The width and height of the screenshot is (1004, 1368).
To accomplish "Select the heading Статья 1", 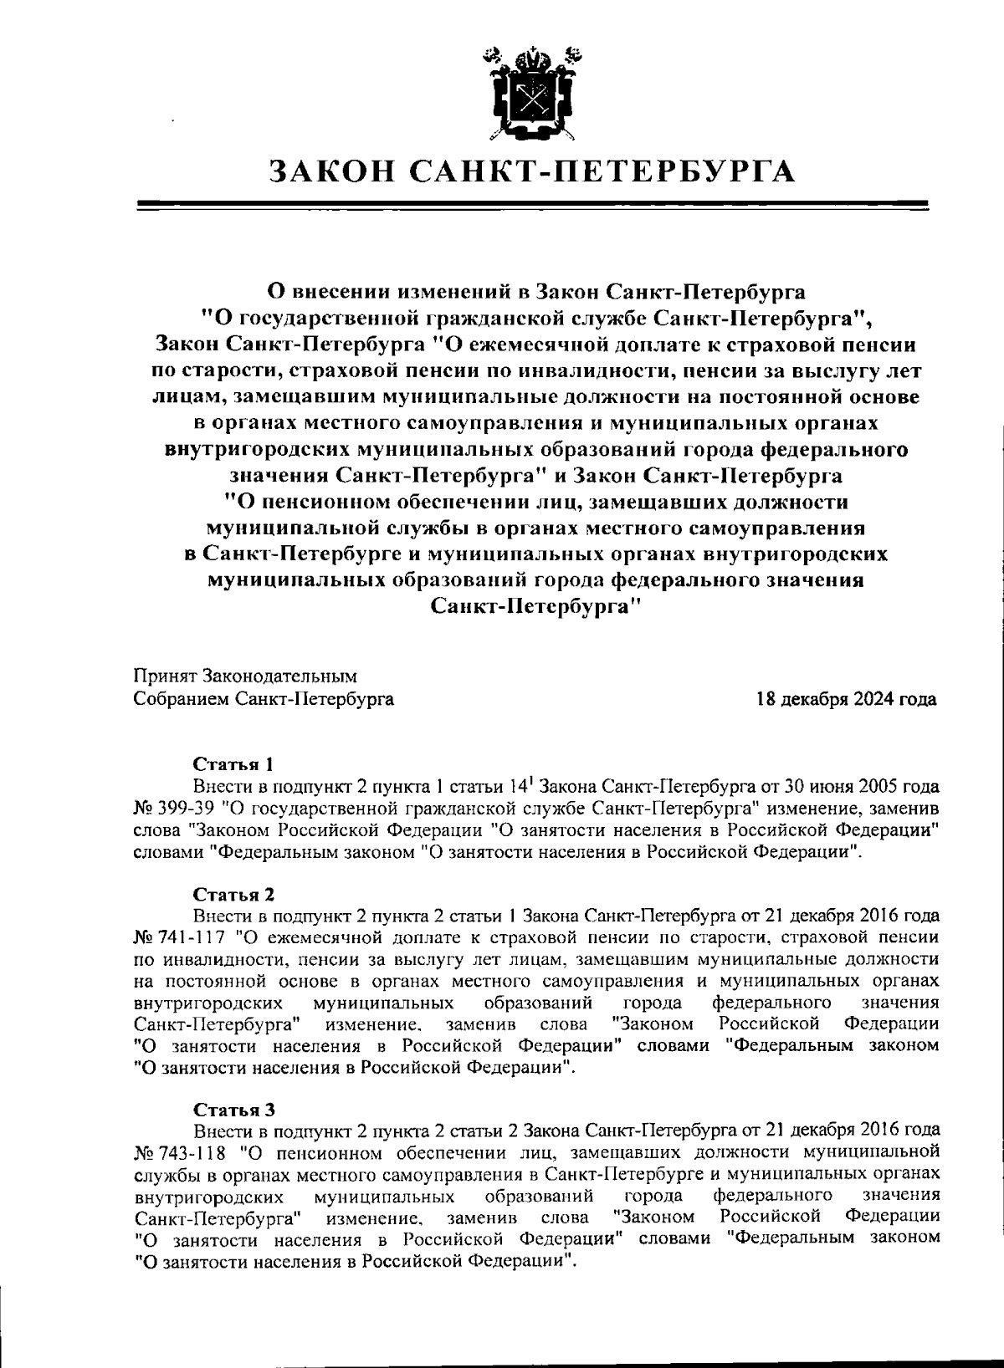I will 233,764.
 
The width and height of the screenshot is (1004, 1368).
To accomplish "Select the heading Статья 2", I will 234,894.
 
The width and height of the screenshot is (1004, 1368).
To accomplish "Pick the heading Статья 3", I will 234,1110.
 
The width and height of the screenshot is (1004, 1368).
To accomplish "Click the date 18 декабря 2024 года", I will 846,699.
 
